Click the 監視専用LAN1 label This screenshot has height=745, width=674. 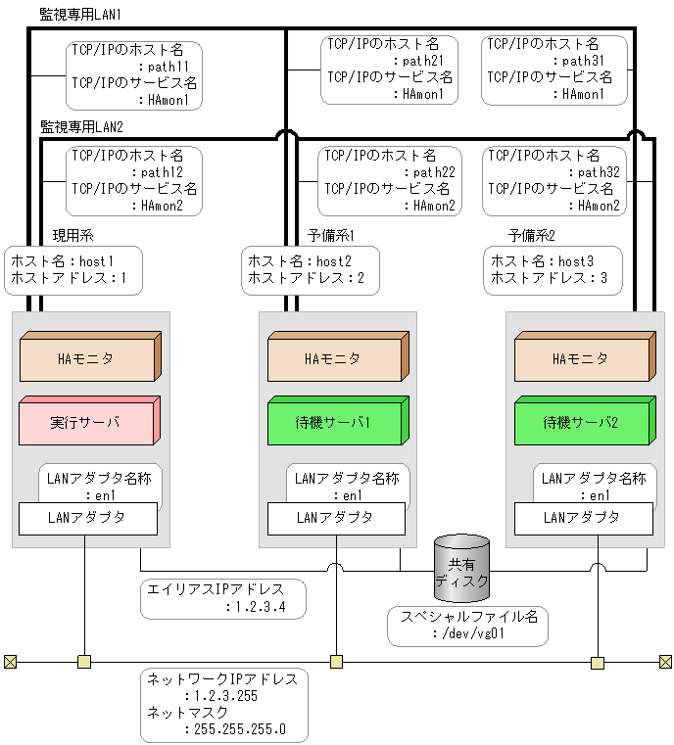point(80,16)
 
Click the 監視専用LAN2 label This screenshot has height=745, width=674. point(80,127)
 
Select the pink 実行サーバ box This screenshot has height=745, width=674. point(88,422)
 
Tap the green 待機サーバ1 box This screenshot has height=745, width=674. point(335,422)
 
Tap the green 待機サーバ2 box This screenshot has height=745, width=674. point(582,422)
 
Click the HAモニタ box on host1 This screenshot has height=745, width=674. point(88,358)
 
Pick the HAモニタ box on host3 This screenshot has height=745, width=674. point(582,358)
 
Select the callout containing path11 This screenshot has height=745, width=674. point(134,74)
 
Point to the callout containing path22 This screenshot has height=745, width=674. point(390,181)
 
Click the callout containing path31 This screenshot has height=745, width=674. point(553,70)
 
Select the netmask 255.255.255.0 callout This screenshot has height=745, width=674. point(224,704)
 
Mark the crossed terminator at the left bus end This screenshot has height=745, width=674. point(10,662)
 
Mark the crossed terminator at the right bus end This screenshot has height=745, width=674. point(667,662)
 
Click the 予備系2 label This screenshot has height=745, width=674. point(533,236)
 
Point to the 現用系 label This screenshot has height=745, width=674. point(72,236)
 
